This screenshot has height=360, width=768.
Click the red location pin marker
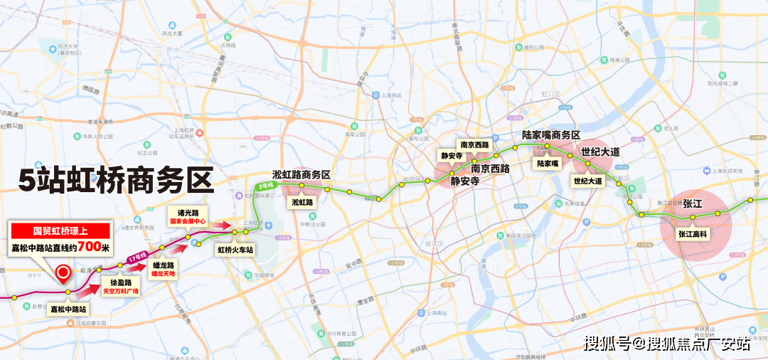click(63, 273)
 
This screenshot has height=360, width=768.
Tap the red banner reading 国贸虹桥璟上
click(61, 231)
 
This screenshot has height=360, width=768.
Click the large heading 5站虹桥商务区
click(116, 180)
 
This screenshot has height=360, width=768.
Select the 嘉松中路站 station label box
click(68, 309)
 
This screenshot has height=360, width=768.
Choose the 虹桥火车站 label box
click(235, 250)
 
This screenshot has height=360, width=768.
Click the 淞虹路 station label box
click(302, 202)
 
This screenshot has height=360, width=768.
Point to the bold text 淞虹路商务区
click(302, 174)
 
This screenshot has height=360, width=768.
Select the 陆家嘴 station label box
click(548, 163)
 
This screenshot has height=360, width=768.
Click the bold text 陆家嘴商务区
click(551, 134)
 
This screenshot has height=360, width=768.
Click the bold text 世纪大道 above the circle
click(600, 152)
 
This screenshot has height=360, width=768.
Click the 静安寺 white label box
click(452, 156)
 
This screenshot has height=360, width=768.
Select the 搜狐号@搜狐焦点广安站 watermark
click(667, 344)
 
